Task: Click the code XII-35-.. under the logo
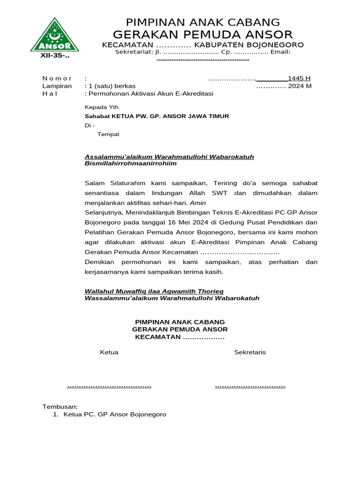point(54,56)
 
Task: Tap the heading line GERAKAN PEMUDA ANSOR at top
point(203,34)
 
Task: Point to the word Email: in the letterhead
point(280,52)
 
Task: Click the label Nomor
point(57,78)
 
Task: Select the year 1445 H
point(299,78)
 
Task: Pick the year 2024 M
point(300,86)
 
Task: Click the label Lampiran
point(57,86)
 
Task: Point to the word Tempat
point(108,134)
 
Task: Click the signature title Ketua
point(109,352)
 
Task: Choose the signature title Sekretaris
point(250,352)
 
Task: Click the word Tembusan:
point(60,406)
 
